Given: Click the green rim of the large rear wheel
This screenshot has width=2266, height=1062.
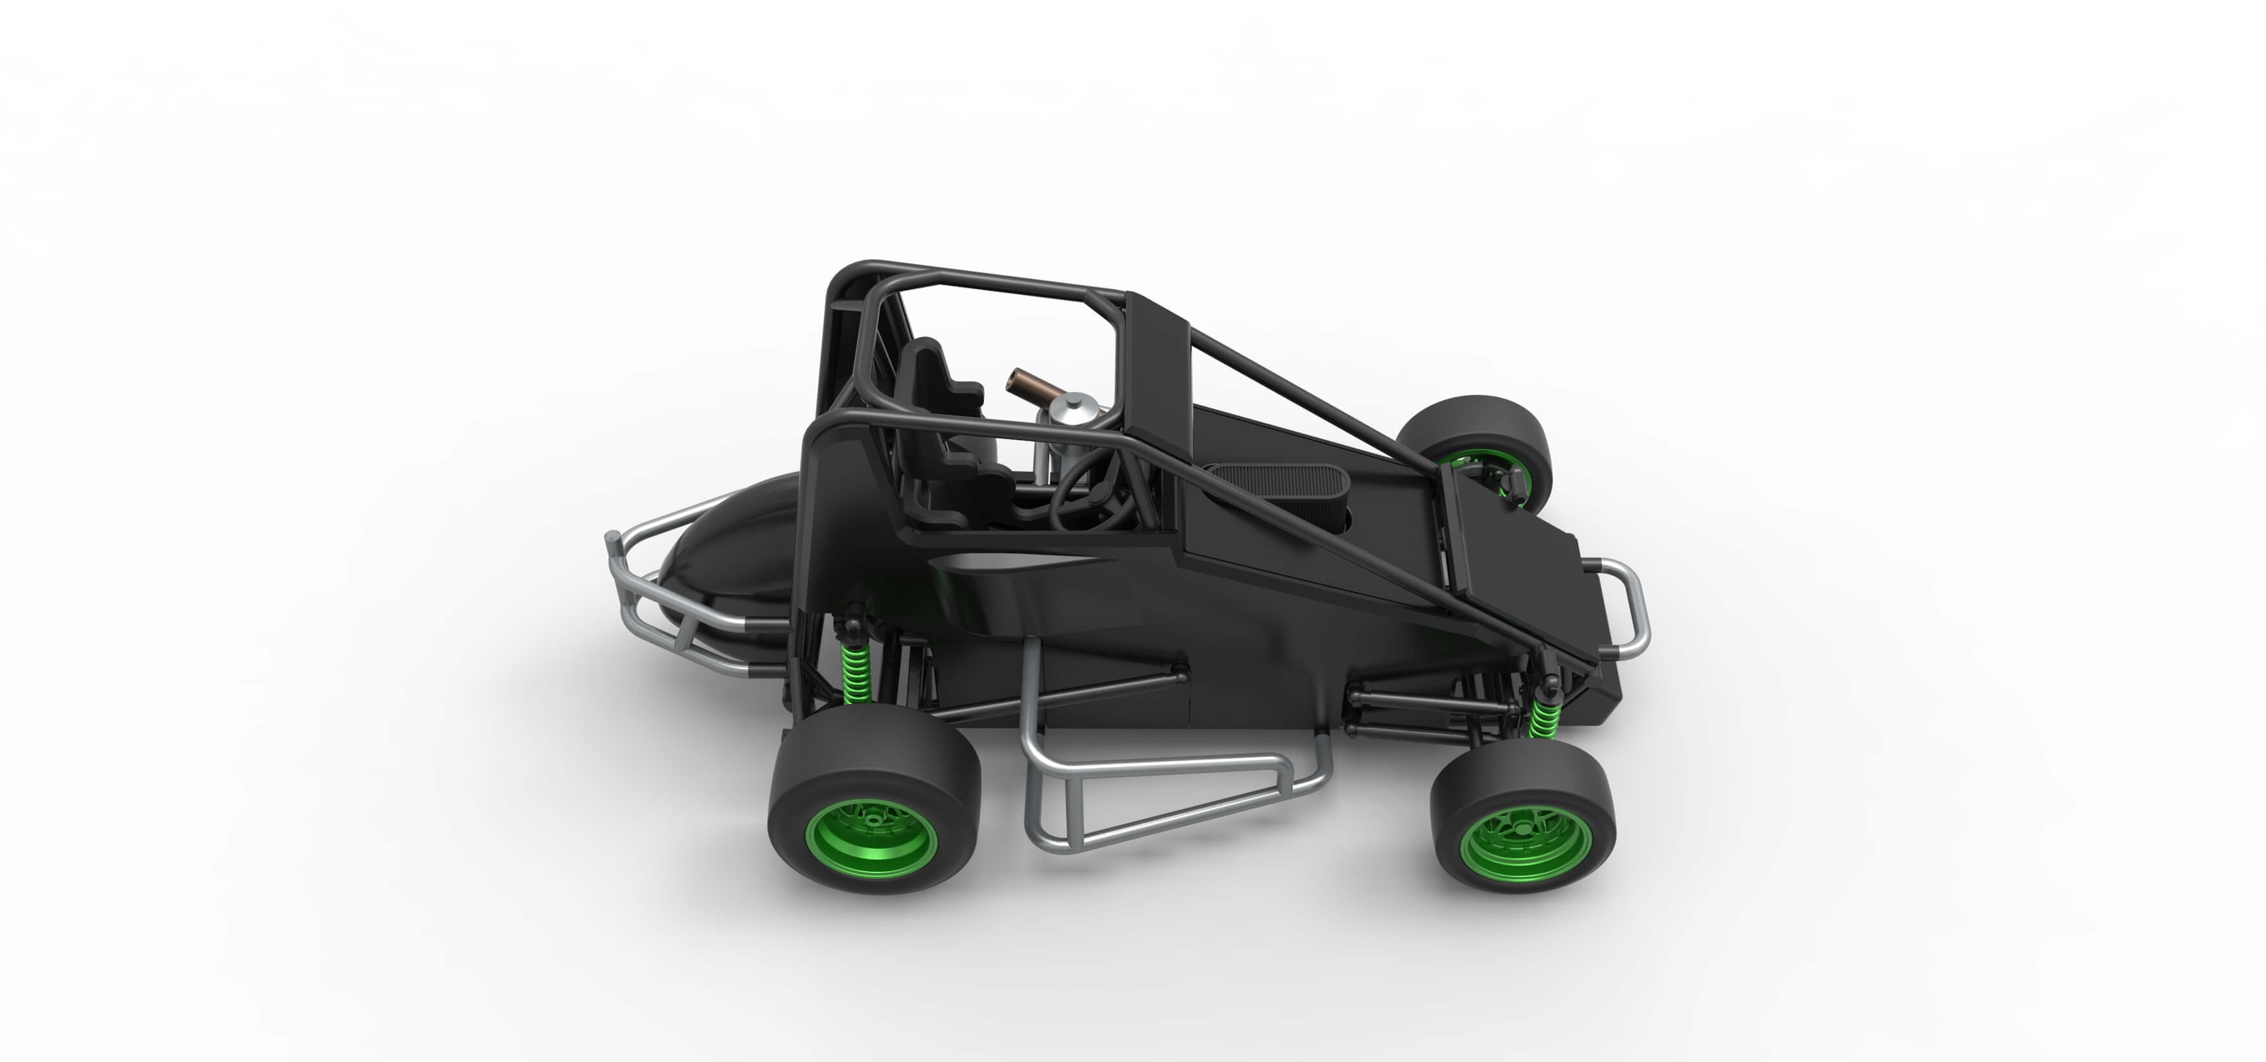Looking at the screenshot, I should (x=871, y=839).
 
